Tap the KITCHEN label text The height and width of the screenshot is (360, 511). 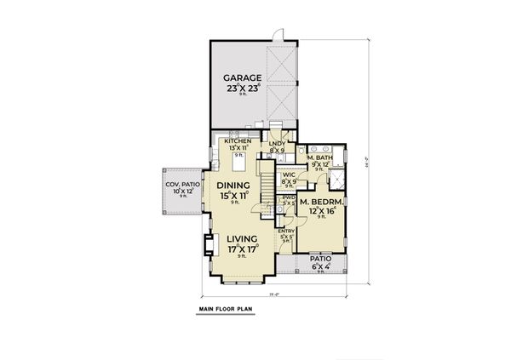[238, 141]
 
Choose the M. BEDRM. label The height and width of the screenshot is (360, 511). [321, 201]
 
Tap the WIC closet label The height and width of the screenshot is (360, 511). [289, 174]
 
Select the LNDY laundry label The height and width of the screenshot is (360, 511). [277, 145]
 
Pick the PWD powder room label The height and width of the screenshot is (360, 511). [289, 198]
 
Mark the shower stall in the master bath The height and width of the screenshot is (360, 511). [338, 180]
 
